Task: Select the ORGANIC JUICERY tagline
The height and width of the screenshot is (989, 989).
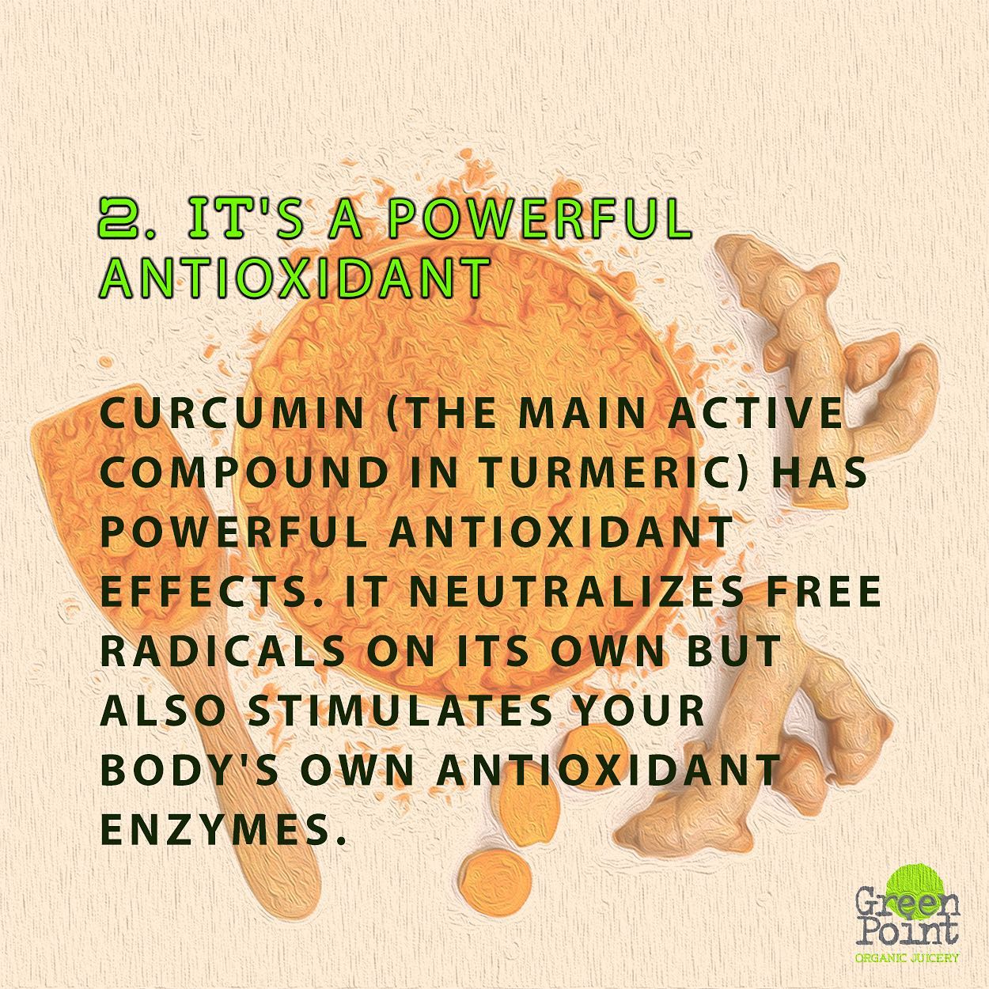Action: click(x=907, y=957)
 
